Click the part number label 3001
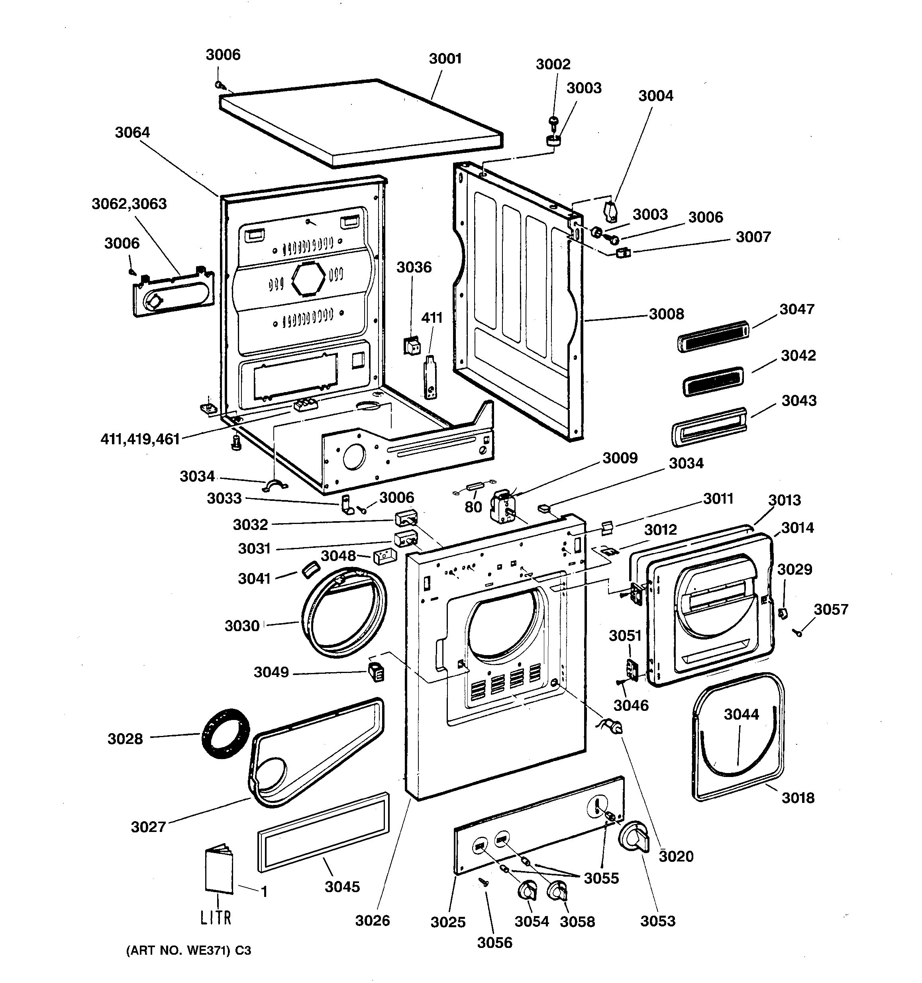[445, 59]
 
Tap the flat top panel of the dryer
[361, 121]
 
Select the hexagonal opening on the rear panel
[308, 278]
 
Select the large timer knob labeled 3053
[634, 838]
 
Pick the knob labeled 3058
[558, 891]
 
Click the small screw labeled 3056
[484, 881]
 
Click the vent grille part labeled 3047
[712, 336]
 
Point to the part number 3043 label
[798, 400]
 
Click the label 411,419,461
[140, 439]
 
